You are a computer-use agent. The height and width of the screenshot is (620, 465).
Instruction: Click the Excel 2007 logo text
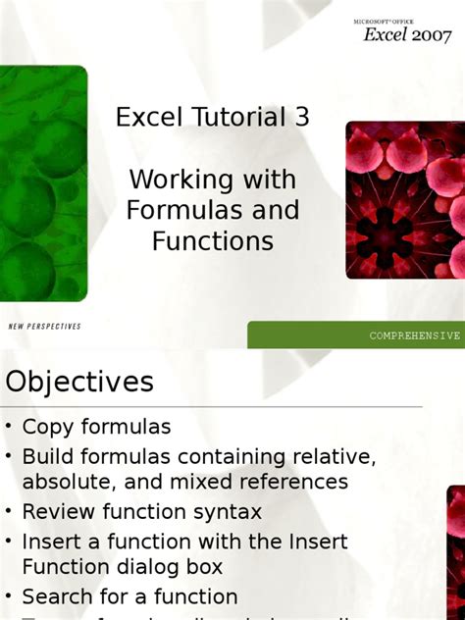pos(406,33)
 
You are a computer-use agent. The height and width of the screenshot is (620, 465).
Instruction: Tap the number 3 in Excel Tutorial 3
pos(301,118)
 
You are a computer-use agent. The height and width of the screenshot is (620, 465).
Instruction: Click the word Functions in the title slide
pos(212,240)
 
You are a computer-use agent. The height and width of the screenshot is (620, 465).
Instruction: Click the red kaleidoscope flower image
pos(404,201)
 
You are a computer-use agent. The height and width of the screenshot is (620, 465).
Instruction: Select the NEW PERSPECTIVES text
pos(44,326)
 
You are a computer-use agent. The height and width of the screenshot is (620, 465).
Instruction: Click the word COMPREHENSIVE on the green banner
pos(414,336)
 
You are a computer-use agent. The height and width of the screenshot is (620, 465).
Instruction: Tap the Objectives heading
pos(79,381)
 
